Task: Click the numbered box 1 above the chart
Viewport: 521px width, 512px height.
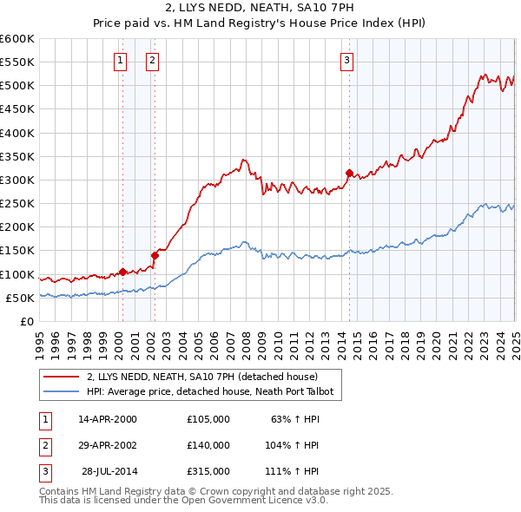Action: point(120,61)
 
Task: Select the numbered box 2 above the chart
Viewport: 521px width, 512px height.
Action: point(152,61)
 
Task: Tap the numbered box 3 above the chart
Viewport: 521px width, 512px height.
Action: point(346,61)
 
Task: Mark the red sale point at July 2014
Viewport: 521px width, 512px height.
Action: point(349,173)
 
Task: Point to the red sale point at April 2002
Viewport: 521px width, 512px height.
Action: point(155,255)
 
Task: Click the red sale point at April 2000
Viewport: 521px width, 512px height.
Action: point(122,272)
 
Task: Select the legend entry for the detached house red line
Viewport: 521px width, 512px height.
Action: point(203,377)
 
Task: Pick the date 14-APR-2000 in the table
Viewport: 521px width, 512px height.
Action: point(108,419)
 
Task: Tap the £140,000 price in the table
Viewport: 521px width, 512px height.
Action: point(208,445)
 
